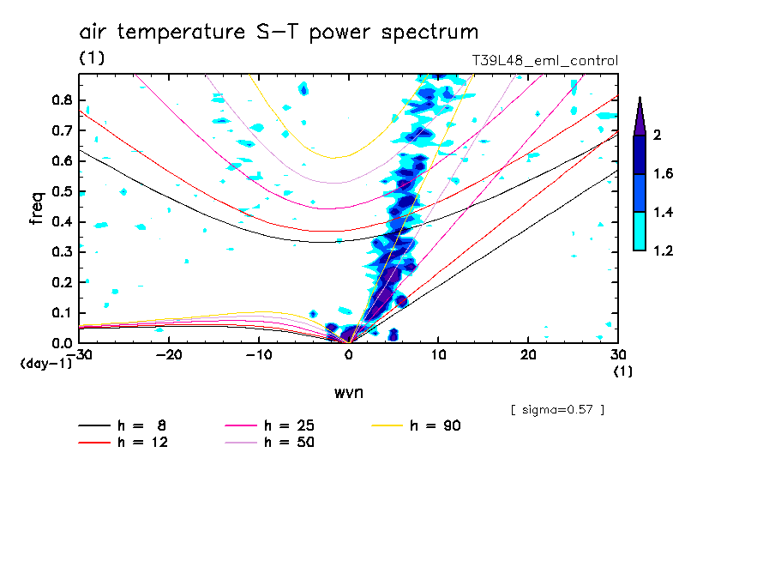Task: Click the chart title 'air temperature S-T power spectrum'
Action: [x=279, y=33]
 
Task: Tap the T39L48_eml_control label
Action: [x=544, y=61]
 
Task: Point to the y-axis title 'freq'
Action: [x=36, y=208]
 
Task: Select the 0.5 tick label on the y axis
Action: [x=61, y=191]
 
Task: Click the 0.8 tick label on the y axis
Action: [x=61, y=100]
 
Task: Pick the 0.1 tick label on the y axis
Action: [x=61, y=312]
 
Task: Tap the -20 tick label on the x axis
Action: [x=169, y=355]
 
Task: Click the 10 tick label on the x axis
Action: [x=438, y=355]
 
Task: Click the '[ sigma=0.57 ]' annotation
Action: [x=557, y=409]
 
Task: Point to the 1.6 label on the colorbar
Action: [x=664, y=174]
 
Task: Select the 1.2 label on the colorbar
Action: [x=664, y=250]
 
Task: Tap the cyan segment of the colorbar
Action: [x=639, y=231]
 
